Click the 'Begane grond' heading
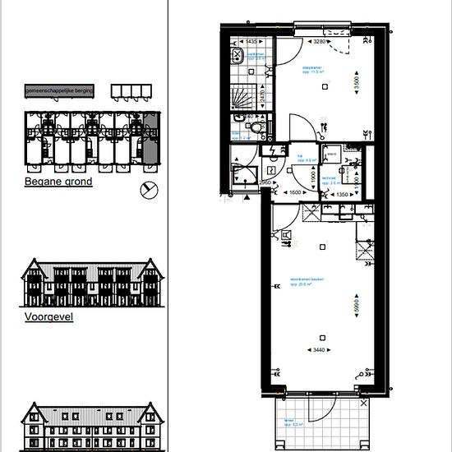pos(58,182)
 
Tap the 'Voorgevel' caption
pos(48,315)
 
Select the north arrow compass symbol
pos(149,189)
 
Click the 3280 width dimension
pos(320,40)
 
